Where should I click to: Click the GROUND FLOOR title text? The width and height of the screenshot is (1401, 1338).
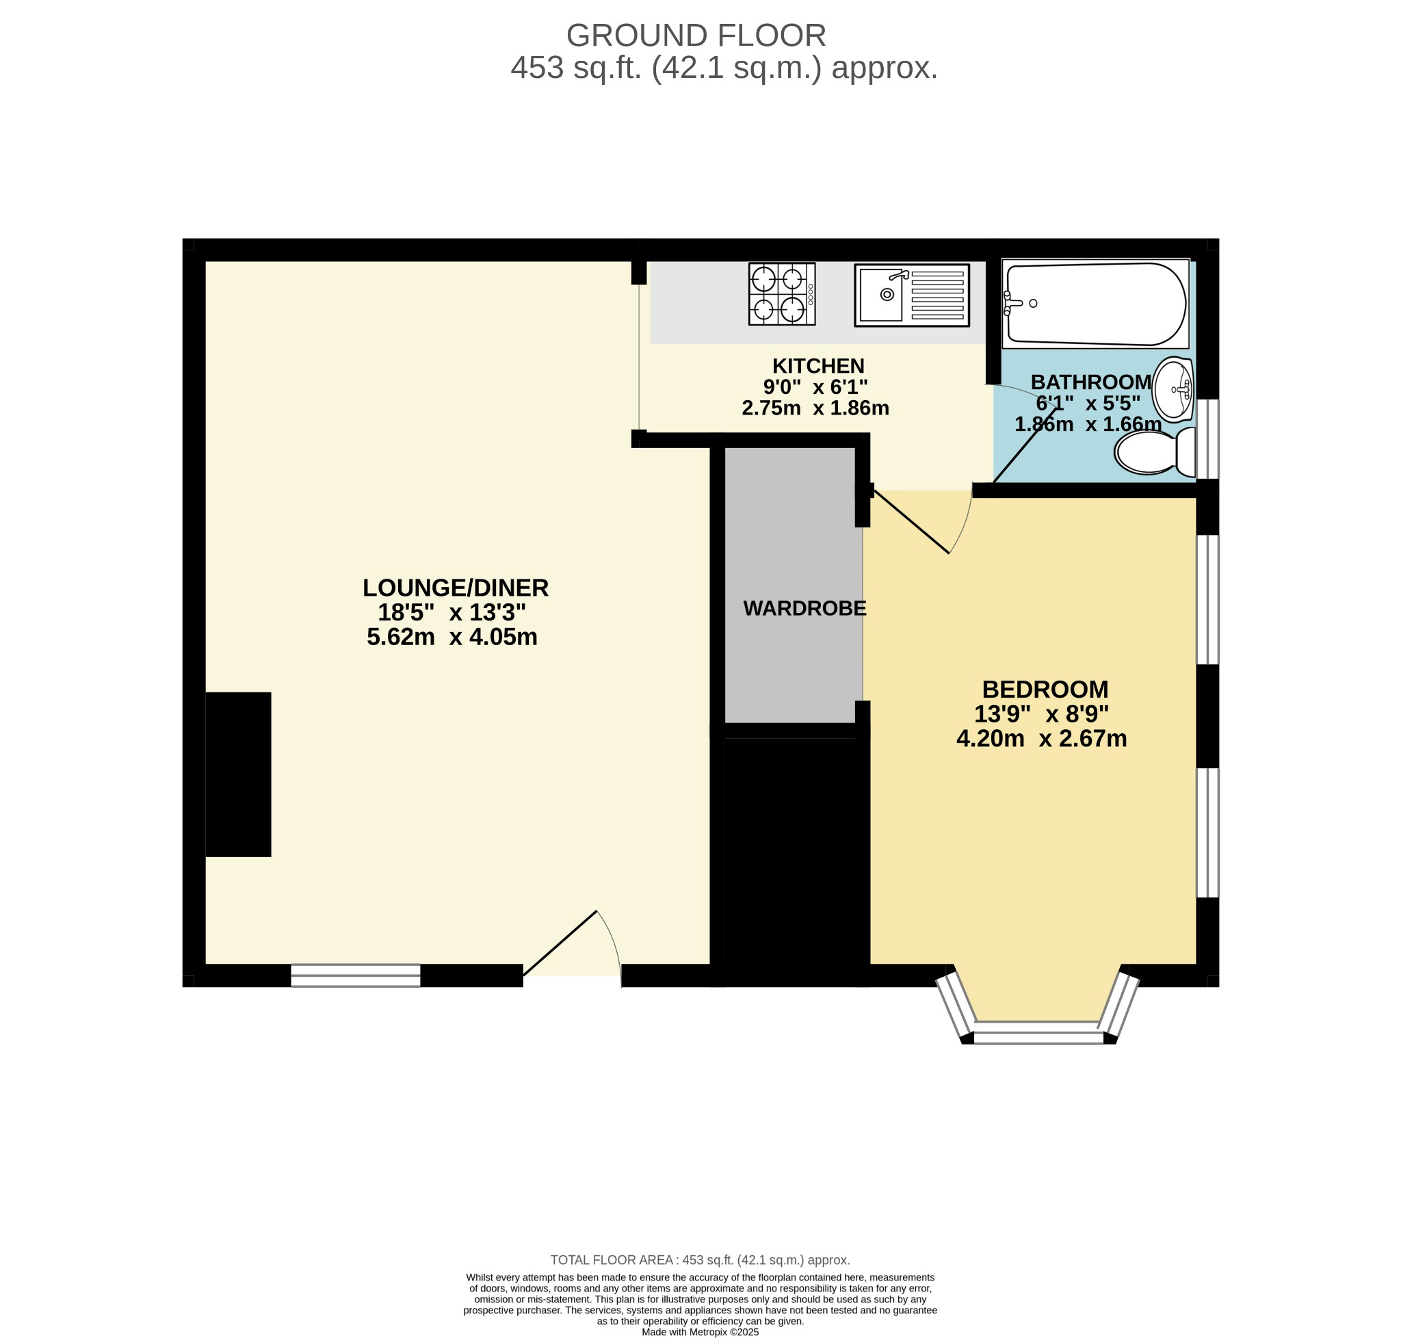[x=696, y=36]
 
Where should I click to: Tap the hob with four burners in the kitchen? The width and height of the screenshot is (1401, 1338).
[x=781, y=294]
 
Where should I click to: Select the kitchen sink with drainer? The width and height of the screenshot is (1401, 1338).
[x=911, y=295]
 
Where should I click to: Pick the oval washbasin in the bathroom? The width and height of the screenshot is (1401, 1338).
[x=1172, y=389]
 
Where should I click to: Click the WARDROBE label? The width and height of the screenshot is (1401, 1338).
[x=804, y=608]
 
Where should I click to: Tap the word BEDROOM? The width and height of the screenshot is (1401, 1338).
[x=1045, y=690]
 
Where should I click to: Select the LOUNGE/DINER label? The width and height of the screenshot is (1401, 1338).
[x=455, y=588]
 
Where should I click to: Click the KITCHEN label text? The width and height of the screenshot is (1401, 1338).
[x=817, y=366]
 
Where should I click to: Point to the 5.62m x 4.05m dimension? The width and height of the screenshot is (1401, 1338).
[x=451, y=637]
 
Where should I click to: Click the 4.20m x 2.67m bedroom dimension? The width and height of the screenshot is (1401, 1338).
[x=1040, y=738]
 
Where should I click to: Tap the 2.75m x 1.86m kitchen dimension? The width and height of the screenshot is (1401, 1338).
[x=815, y=408]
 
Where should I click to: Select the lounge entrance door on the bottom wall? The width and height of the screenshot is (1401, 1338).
[x=560, y=942]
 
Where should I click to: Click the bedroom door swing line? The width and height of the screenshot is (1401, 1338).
[x=911, y=521]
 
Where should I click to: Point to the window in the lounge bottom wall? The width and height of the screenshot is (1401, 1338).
[x=355, y=975]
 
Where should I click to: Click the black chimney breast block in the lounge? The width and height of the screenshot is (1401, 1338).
[x=238, y=774]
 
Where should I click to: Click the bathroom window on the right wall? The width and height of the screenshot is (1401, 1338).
[x=1207, y=438]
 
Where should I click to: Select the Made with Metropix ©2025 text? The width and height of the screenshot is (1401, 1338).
[x=700, y=1332]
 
